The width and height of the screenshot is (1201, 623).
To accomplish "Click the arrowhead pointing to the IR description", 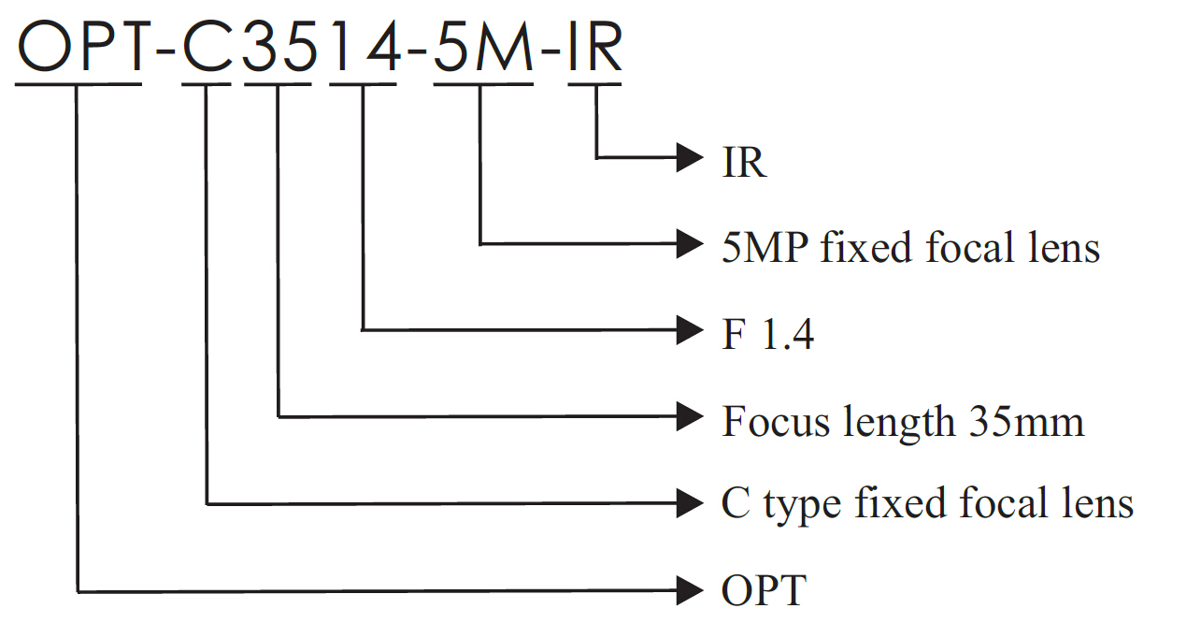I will pyautogui.click(x=690, y=158).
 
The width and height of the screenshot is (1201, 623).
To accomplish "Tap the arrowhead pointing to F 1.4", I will pyautogui.click(x=690, y=329).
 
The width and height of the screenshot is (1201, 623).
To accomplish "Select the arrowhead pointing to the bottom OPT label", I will pyautogui.click(x=690, y=590).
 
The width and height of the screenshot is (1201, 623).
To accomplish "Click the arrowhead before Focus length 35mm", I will pyautogui.click(x=690, y=415).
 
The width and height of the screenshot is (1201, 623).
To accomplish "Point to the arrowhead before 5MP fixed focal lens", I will pyautogui.click(x=690, y=244).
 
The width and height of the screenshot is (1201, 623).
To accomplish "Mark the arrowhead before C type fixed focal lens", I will pyautogui.click(x=690, y=504).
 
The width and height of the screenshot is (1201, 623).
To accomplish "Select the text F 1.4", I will pyautogui.click(x=767, y=334).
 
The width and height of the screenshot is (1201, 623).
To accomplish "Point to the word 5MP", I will pyautogui.click(x=765, y=248).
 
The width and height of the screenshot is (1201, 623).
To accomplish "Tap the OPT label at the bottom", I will pyautogui.click(x=763, y=591).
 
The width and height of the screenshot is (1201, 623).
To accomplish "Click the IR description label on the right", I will pyautogui.click(x=744, y=163).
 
